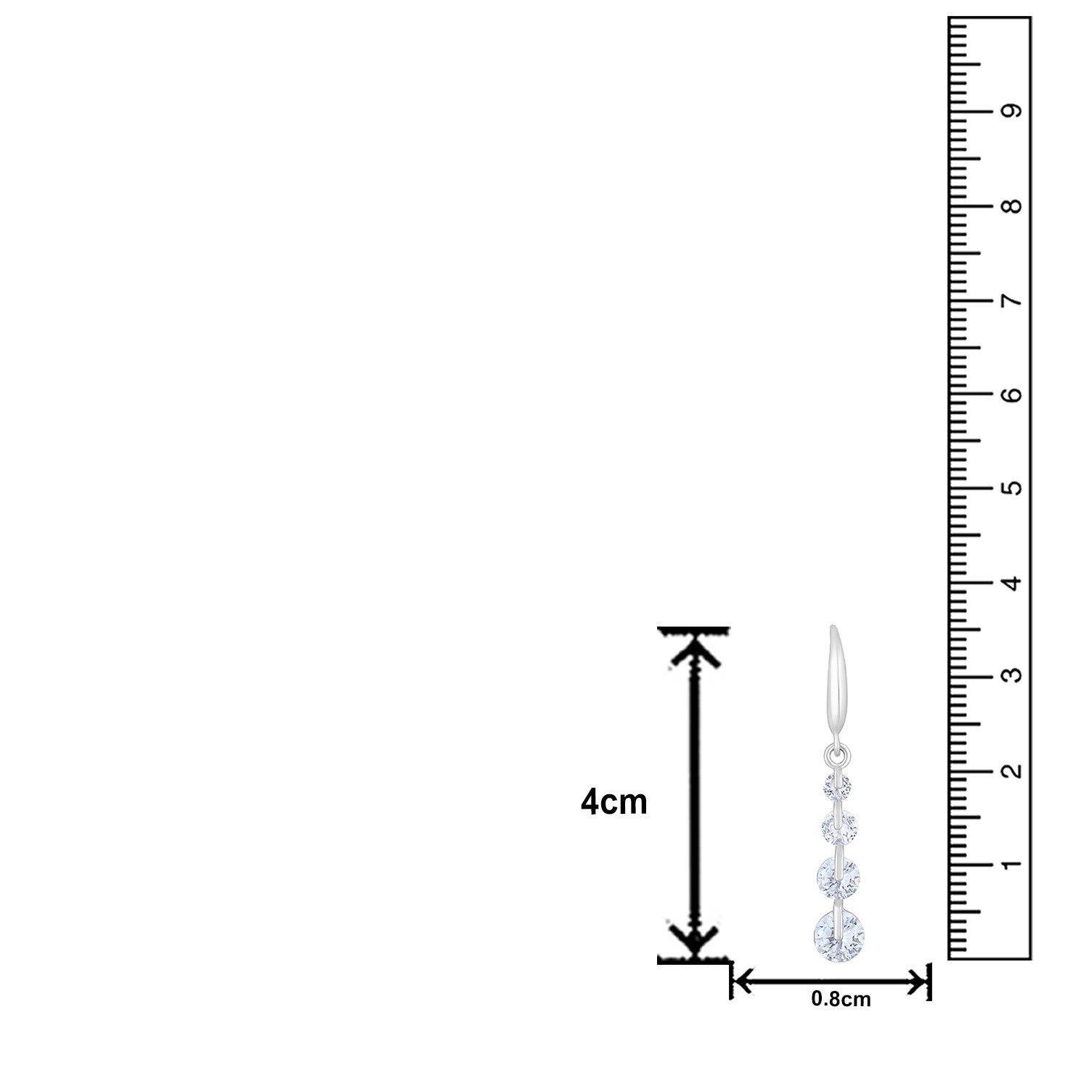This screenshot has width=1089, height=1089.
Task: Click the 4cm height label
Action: (613, 803)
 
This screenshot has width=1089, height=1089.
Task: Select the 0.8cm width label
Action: (841, 1000)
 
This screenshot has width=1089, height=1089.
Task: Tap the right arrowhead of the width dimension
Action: (918, 983)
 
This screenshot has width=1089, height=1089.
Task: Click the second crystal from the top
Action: (838, 825)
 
